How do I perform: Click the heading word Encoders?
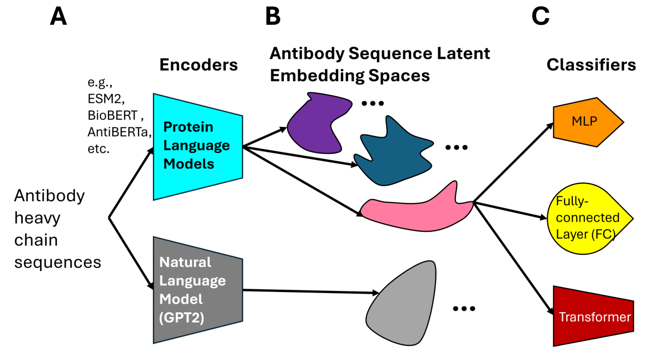(198, 65)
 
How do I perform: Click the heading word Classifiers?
(591, 65)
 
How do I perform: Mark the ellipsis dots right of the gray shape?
(464, 309)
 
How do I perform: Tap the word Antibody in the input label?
(50, 196)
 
